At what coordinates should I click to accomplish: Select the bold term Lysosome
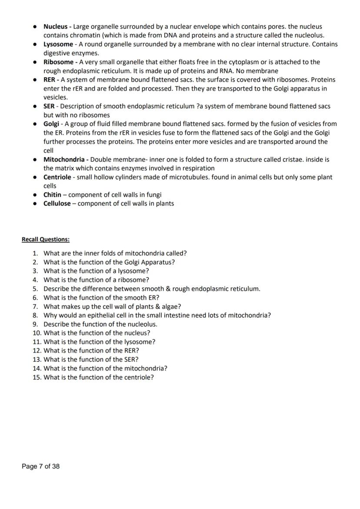pos(58,44)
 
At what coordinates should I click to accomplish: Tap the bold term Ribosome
pos(58,62)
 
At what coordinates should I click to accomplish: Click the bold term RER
pos(50,80)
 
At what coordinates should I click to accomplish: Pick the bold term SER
pos(49,106)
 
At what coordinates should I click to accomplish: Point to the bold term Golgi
pos(51,124)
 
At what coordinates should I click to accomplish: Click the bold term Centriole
pos(57,177)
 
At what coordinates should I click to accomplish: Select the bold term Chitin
pos(52,195)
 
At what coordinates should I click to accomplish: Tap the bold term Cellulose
pos(57,203)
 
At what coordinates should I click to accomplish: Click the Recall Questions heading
pos(46,240)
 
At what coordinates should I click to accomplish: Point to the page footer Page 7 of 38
pos(41,466)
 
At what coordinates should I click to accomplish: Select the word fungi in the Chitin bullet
pos(153,195)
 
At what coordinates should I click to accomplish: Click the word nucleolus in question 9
pos(142,324)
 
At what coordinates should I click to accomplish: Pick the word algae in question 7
pos(171,306)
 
